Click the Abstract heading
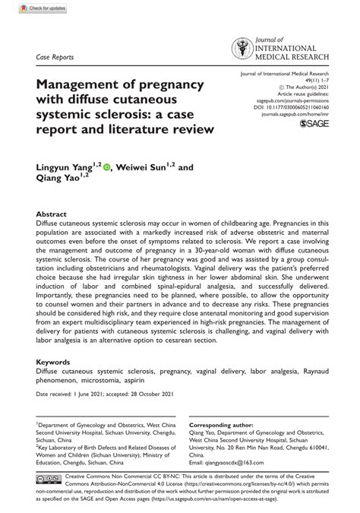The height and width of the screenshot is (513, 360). click(x=52, y=215)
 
